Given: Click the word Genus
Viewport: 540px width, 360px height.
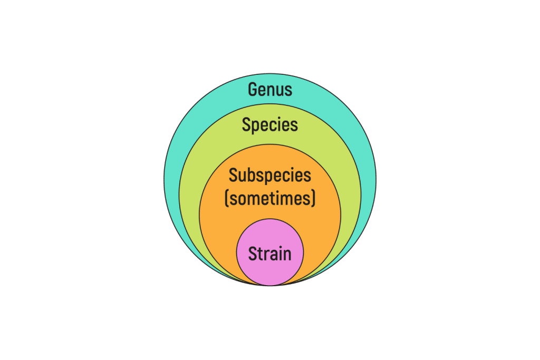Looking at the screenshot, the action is (270, 89).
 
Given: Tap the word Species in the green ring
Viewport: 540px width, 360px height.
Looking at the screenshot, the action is (269, 124).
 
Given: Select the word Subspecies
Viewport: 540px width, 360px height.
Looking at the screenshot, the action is (269, 176).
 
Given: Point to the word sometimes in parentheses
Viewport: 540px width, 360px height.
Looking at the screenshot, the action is (270, 199).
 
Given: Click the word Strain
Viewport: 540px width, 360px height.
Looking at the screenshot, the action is (269, 254).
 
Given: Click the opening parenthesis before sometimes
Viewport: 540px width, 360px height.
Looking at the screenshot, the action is (227, 199).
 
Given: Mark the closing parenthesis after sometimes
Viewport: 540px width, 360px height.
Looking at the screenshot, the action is (313, 199).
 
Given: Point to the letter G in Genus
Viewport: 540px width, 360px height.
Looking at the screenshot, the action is (253, 89).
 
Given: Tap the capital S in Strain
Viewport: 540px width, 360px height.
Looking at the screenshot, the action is (253, 254).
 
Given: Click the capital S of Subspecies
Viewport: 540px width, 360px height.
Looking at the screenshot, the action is (233, 175).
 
